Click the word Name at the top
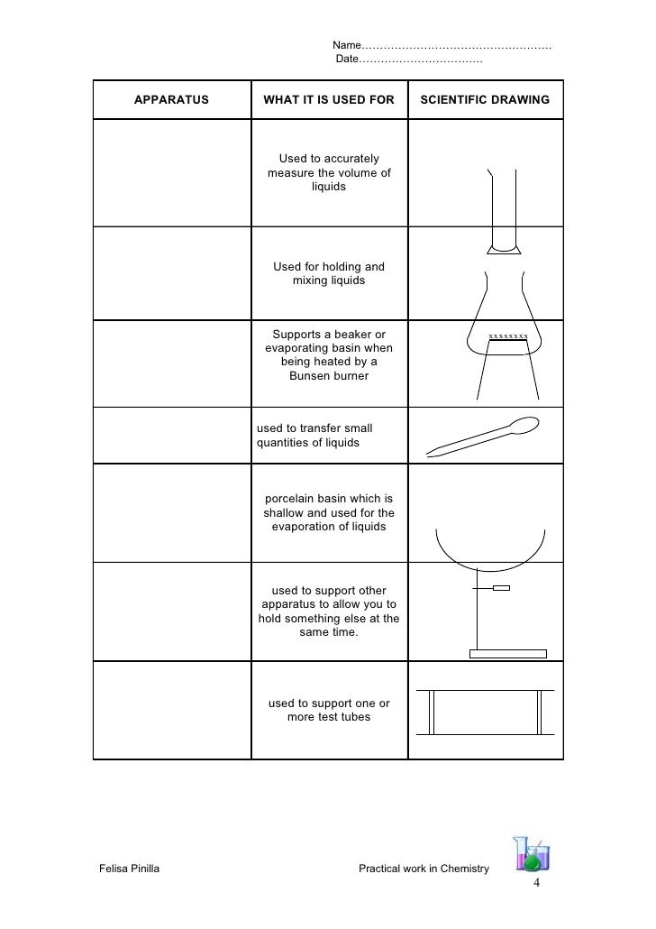(346, 45)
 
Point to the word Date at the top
(347, 60)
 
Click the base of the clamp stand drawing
(508, 652)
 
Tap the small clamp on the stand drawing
(501, 588)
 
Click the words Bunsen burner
(329, 375)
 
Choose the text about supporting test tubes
(329, 710)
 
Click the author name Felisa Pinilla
(128, 869)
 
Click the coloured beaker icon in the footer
(532, 852)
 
